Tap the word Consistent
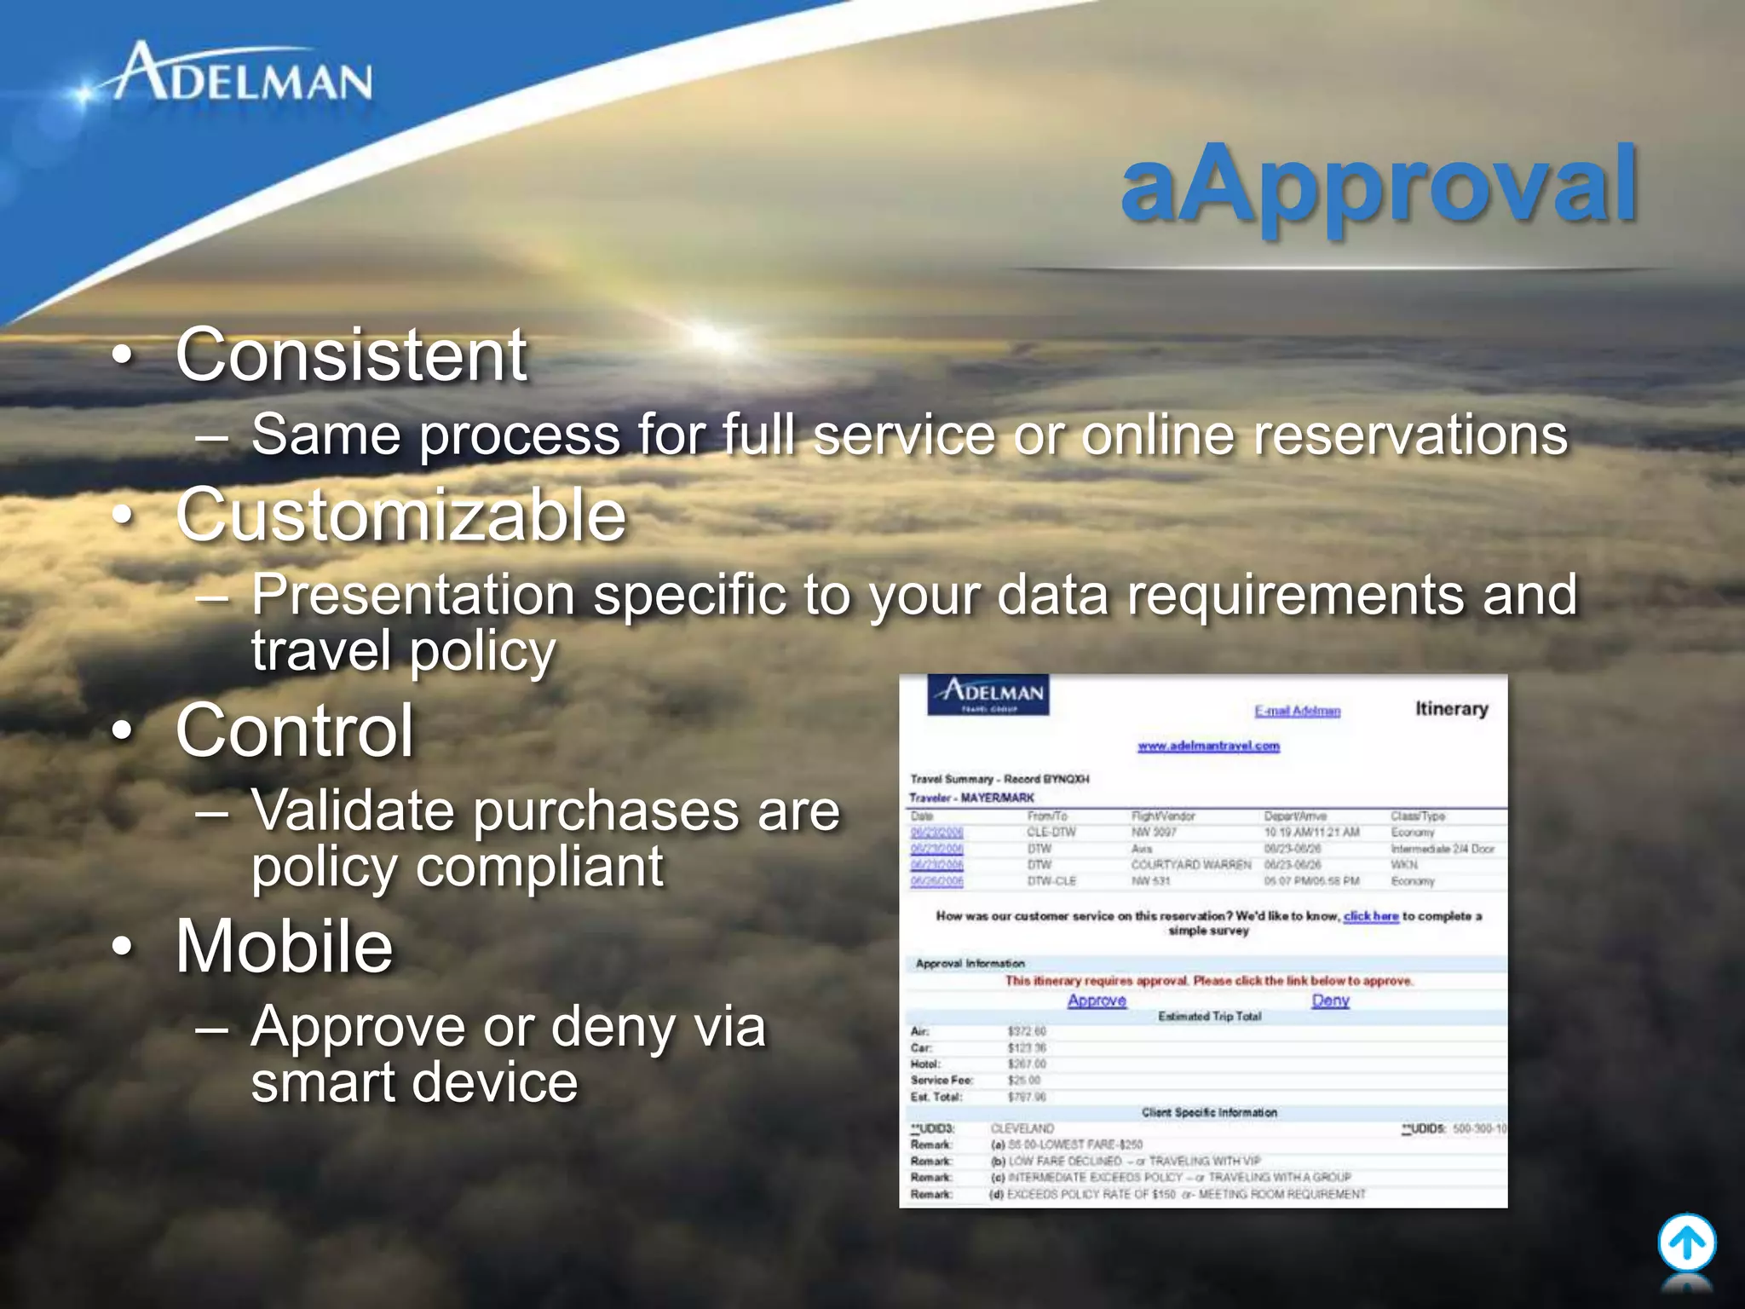(x=351, y=355)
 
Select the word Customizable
(x=400, y=516)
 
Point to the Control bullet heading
(x=295, y=731)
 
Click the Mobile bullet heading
(x=285, y=947)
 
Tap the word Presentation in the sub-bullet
(x=413, y=594)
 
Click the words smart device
(x=414, y=1083)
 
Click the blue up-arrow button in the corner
(x=1686, y=1243)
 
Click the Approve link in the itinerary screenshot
(x=1097, y=1000)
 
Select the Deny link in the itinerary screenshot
(x=1330, y=1000)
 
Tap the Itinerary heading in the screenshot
(x=1451, y=709)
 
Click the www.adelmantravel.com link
(x=1208, y=747)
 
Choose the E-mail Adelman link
(x=1297, y=712)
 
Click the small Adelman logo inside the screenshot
(x=988, y=695)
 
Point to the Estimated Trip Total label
(x=1209, y=1017)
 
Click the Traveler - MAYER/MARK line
(x=971, y=799)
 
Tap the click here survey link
(x=1371, y=916)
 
